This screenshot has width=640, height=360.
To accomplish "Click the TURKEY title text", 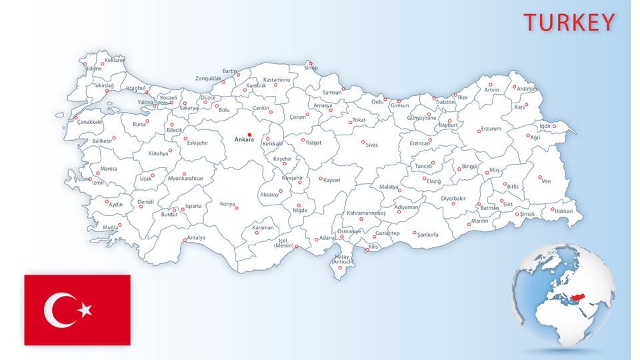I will coord(569,22).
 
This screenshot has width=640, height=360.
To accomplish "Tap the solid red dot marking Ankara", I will coord(249,134).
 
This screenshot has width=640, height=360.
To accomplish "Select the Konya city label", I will coord(227,204).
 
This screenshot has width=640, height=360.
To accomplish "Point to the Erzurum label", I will coord(491,129).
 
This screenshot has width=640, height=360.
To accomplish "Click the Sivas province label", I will coord(371,145).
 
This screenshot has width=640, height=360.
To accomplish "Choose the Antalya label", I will coord(196,237).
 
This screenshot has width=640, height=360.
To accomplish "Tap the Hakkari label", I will coord(563,211).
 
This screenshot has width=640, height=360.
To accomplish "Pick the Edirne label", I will coord(94,68).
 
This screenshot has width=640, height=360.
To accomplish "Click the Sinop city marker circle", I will coord(310,63).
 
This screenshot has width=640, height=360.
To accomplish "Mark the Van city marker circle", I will coord(540,177).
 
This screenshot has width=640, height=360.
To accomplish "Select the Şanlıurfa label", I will coord(427,235).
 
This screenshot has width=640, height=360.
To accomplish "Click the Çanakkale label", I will coord(89,122).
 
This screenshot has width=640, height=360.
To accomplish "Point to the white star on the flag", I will coord(85,309).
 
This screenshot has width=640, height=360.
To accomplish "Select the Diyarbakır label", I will coord(453,197).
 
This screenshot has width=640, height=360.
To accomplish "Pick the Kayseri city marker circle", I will coord(320,178).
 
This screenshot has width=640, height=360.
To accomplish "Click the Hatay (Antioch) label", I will coord(342,259).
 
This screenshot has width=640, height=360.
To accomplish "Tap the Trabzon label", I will coord(445,102).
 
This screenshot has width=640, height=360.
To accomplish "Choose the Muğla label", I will coord(109,227).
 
